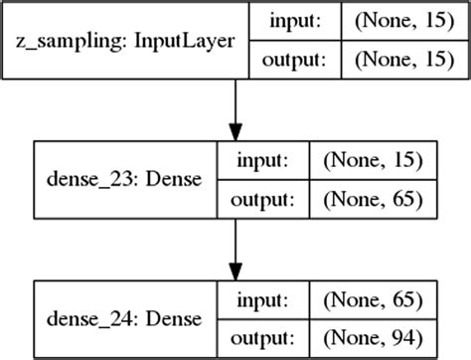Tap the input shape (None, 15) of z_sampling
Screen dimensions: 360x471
[396, 19]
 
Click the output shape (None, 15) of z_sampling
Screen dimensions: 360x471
[396, 61]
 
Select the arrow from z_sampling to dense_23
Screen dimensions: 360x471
[235, 104]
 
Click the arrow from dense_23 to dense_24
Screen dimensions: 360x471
[235, 245]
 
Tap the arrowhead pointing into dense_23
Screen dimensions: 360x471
[235, 131]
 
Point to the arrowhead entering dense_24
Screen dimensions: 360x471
[235, 271]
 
